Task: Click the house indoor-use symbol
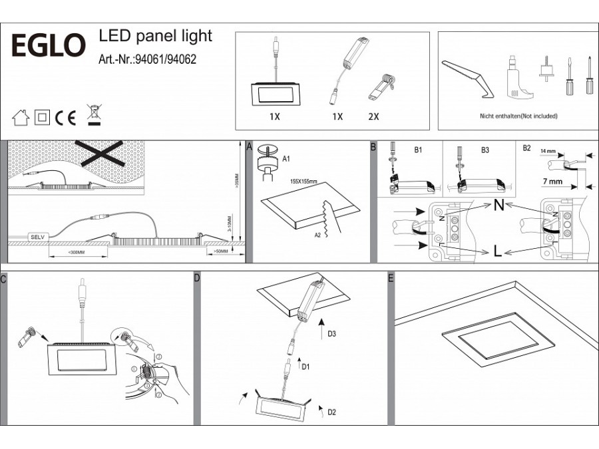coord(21,118)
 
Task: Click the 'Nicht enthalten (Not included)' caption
coord(518,116)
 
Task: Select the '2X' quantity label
coord(373,116)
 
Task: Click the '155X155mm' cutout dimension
coord(303,180)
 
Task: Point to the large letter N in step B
coord(499,205)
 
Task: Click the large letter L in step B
coord(498,251)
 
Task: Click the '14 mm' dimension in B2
coord(548,151)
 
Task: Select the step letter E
coord(391,277)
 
